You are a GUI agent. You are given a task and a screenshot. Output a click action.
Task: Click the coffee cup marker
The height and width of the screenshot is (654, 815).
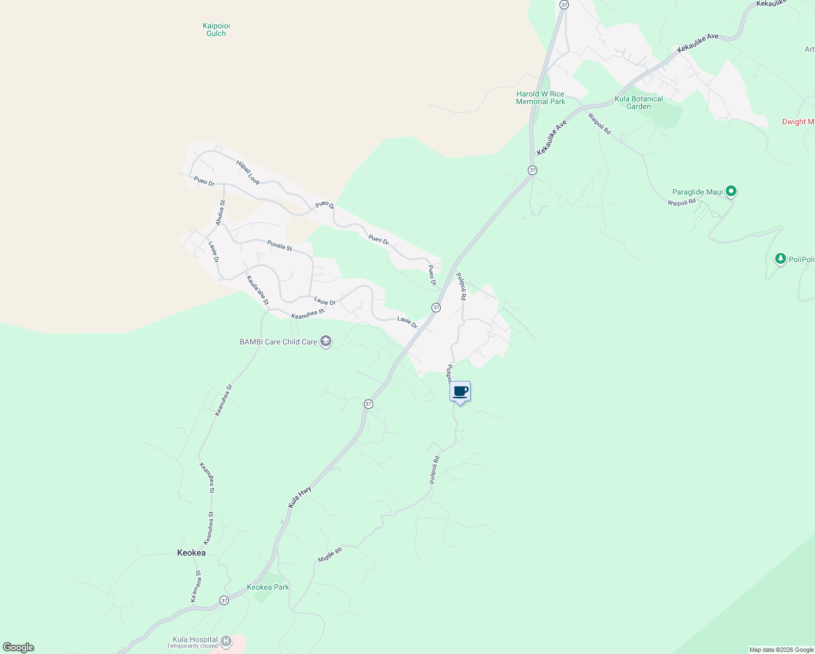(460, 392)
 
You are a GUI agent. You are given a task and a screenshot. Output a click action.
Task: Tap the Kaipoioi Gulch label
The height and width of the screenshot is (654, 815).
(216, 29)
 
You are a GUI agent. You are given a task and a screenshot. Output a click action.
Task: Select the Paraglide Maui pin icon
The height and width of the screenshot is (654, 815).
(732, 191)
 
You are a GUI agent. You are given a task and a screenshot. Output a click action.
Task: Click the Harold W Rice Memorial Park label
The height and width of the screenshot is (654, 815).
(540, 98)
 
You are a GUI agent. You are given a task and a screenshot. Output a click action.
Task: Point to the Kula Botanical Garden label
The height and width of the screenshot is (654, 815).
(638, 102)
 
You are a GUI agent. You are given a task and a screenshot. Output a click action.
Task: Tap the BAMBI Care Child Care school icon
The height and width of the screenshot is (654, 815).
(326, 342)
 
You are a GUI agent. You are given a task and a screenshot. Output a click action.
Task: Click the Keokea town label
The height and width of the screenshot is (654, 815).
(191, 553)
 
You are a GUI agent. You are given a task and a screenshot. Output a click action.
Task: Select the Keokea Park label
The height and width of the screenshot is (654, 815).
(268, 587)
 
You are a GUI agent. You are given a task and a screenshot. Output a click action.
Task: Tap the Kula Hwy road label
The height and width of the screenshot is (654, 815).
(300, 497)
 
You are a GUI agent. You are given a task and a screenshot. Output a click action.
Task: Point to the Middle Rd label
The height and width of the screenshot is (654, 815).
(330, 555)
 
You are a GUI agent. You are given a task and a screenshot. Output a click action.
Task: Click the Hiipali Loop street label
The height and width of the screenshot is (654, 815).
(248, 172)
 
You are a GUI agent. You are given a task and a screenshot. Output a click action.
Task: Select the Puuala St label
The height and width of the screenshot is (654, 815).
(279, 245)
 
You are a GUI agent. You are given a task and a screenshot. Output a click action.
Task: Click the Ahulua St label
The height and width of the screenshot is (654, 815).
(220, 213)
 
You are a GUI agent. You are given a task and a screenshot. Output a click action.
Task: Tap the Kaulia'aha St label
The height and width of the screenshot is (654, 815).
(258, 290)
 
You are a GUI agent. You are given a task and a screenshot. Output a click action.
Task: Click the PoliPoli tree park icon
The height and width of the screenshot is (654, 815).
(781, 258)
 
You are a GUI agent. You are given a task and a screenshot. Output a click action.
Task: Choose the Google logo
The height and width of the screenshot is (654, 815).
(19, 647)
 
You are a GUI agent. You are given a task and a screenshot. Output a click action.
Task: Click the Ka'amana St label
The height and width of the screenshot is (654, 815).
(196, 586)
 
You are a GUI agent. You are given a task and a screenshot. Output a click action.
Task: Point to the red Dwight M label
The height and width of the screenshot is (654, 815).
(798, 122)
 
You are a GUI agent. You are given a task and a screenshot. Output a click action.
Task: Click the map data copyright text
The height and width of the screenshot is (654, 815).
(781, 650)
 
